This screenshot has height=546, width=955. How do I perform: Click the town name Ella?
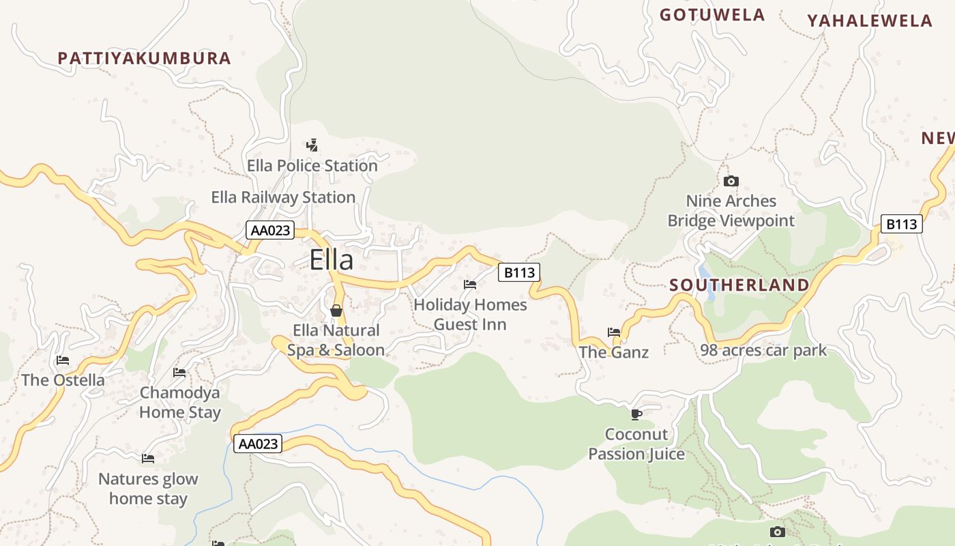click(332, 260)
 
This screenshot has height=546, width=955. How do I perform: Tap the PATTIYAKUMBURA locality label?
click(145, 58)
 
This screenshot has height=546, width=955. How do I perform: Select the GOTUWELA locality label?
click(712, 15)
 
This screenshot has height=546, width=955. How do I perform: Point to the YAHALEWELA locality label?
click(870, 21)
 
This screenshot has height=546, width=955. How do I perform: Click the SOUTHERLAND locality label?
click(739, 285)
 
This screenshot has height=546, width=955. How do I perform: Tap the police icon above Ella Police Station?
click(312, 145)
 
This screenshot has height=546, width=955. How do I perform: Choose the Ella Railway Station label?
click(283, 197)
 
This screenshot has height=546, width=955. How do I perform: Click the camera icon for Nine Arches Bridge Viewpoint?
click(731, 181)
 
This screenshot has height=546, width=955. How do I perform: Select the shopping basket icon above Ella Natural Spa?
click(336, 311)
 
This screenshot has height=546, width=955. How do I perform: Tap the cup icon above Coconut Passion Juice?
click(636, 414)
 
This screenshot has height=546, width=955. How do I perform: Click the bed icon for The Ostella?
click(63, 360)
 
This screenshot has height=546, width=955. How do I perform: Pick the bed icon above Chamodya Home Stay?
click(179, 373)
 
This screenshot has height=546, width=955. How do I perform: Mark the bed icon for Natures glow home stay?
click(148, 459)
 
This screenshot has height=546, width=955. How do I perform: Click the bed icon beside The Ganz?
click(614, 332)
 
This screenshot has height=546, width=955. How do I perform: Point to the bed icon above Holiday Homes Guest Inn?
click(470, 285)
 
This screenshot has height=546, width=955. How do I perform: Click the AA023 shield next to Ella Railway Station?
click(270, 230)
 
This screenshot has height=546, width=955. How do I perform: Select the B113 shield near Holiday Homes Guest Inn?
click(519, 273)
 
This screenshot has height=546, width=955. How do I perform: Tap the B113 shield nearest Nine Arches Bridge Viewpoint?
click(901, 224)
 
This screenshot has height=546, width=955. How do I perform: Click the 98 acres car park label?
click(763, 351)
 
